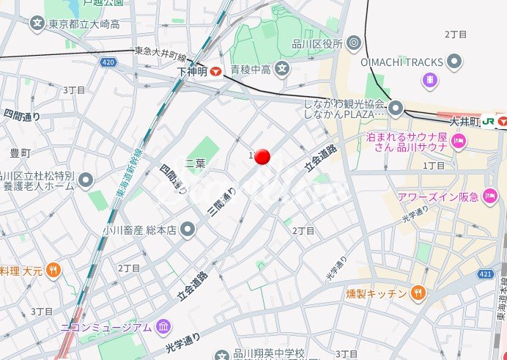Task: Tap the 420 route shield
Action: click(x=108, y=63)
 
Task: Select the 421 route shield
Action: click(x=484, y=273)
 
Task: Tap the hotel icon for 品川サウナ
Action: click(x=459, y=141)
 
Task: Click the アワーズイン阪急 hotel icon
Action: click(x=489, y=196)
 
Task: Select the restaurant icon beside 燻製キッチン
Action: click(x=418, y=293)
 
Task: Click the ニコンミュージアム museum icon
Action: click(x=163, y=326)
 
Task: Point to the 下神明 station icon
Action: click(x=216, y=72)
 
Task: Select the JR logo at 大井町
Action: click(x=487, y=120)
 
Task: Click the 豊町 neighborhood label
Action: click(x=21, y=153)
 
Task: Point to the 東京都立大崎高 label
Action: click(x=84, y=24)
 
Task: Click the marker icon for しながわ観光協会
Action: click(x=396, y=109)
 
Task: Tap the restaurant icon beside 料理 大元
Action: click(x=53, y=271)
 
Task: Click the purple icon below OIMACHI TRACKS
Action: click(x=431, y=78)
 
